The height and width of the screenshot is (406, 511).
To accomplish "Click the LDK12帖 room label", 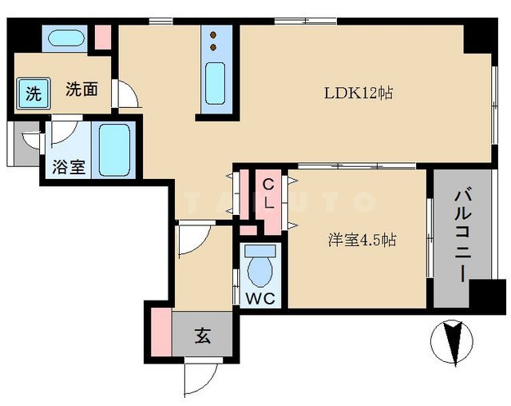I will pos(359,93).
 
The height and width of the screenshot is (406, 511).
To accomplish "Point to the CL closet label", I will pos(269,194).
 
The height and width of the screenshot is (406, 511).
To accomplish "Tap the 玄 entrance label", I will pos(203,336).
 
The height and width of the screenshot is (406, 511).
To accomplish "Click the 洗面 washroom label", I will pos(81,89).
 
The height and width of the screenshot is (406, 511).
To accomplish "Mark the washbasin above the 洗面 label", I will pos(61,38).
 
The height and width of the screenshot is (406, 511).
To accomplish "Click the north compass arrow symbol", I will pos(452,341).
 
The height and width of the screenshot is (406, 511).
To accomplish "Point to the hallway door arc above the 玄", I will pos(192,241).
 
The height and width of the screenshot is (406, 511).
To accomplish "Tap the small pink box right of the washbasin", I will pos(102,38).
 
